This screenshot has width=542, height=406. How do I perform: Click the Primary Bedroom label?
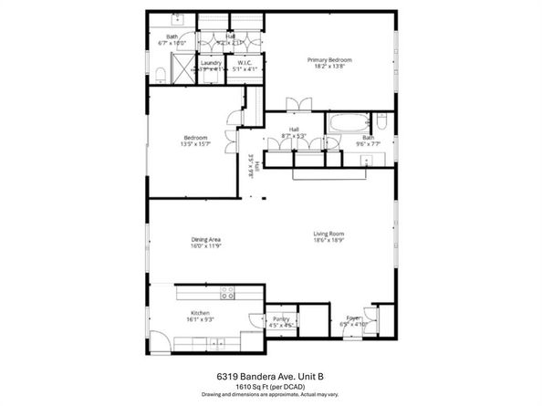[x=328, y=59]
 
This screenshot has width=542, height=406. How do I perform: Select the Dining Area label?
[x=206, y=240]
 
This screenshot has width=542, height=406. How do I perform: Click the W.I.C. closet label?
[x=244, y=63]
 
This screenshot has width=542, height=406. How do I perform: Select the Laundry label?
[x=211, y=63]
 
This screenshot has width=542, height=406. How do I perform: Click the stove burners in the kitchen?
[x=227, y=294]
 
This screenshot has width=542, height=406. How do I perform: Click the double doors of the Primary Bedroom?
[x=295, y=103]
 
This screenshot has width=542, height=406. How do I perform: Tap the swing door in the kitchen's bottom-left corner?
[x=159, y=342]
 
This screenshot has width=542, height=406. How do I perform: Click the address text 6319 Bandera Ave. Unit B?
[x=270, y=375]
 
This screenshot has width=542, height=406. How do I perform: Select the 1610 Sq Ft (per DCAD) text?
[x=270, y=386]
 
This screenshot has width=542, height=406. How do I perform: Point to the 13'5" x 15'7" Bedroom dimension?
[x=195, y=144]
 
